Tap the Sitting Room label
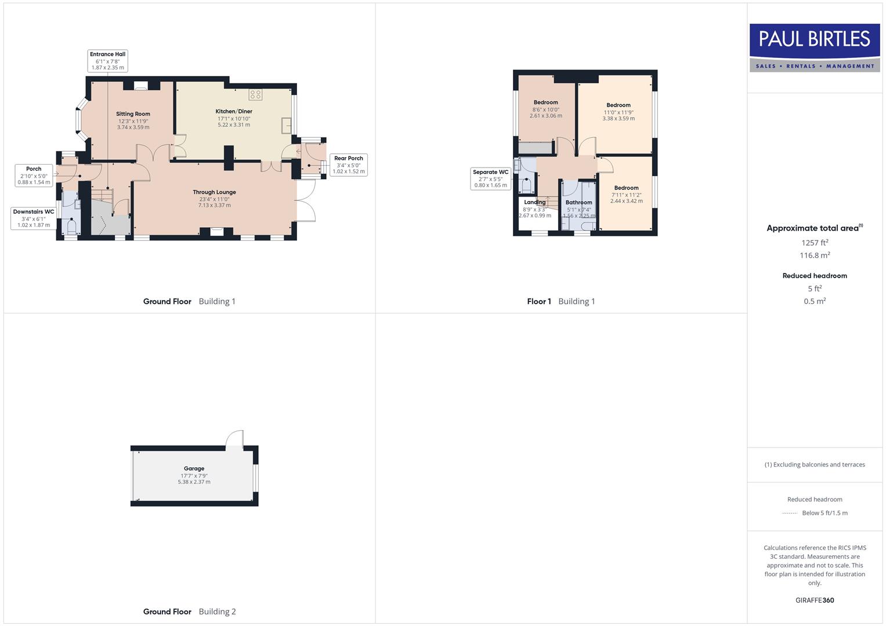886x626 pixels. point(133,114)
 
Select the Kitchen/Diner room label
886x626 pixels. point(234,111)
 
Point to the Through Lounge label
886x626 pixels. point(214,192)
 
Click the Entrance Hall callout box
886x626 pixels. point(107,61)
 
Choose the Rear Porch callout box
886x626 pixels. point(348,165)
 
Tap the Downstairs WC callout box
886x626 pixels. point(34,219)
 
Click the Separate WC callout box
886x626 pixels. point(490,179)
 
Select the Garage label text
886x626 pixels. point(194,468)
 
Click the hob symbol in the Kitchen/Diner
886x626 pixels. point(255,94)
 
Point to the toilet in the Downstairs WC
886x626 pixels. point(71,226)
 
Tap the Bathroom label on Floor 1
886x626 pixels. point(578,202)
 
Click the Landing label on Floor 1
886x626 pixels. point(534,202)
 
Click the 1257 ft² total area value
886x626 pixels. point(815,243)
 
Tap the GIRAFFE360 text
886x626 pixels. point(815,600)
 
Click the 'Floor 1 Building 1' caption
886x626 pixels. point(560,301)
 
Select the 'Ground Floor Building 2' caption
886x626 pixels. point(189,612)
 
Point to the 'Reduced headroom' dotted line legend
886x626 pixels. point(790,513)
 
